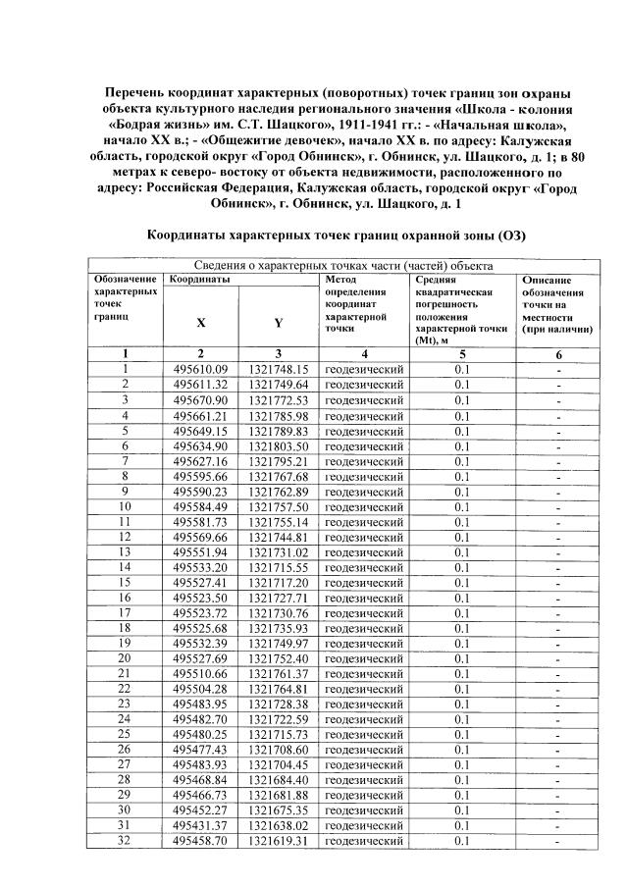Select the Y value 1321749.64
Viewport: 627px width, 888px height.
279,385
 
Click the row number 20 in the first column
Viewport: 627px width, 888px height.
126,658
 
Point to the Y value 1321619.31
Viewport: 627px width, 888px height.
279,841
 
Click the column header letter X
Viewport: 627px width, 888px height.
200,322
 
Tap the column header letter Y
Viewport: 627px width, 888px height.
279,322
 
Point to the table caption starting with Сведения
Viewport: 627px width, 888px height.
342,265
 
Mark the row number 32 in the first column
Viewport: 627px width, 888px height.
126,841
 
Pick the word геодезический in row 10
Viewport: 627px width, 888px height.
364,506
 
